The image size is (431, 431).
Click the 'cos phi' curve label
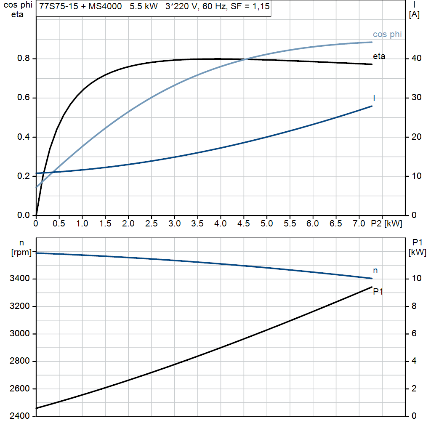click(x=387, y=35)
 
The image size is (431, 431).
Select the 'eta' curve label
click(x=379, y=56)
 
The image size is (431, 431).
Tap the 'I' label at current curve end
click(x=374, y=98)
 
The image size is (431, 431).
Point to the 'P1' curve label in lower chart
click(x=378, y=292)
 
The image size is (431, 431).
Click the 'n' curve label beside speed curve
click(x=375, y=271)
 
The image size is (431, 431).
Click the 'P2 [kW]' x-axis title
click(x=386, y=224)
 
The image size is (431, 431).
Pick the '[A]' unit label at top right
click(x=414, y=15)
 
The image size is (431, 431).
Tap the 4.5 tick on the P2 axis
click(x=243, y=224)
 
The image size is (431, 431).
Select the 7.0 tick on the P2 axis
click(x=359, y=224)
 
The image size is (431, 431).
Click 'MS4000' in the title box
click(x=100, y=7)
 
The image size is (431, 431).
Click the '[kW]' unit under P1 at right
click(x=417, y=253)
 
